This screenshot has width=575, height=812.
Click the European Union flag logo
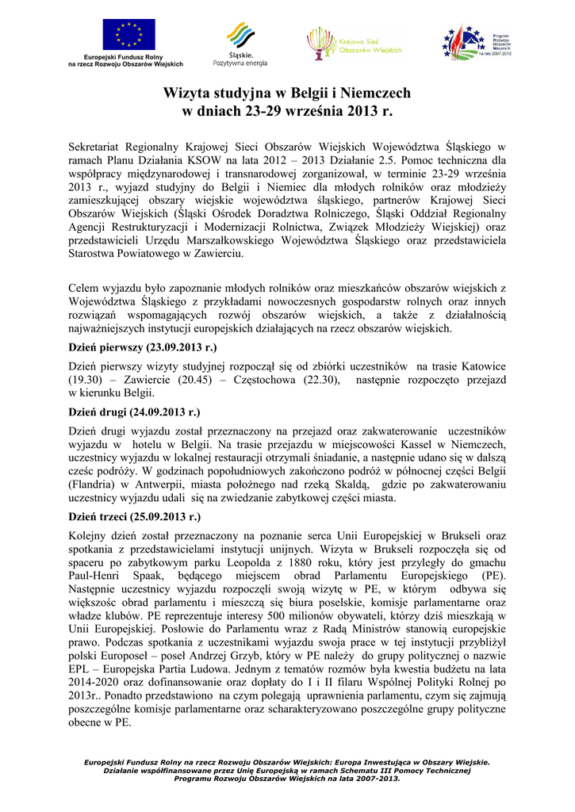point(128,35)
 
